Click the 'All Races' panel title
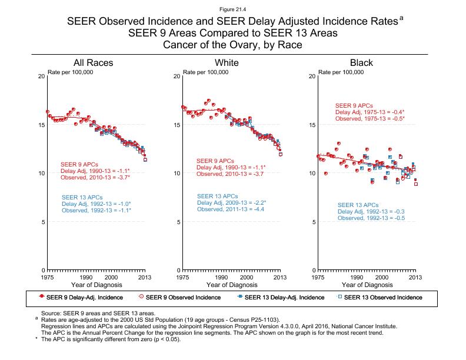coord(93,62)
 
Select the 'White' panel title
coord(227,62)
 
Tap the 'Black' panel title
coord(361,62)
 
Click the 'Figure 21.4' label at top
coord(233,10)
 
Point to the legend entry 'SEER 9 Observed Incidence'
coord(182,298)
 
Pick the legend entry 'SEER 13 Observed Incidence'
coord(382,298)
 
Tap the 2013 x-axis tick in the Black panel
coord(415,276)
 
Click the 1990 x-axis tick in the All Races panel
coord(85,276)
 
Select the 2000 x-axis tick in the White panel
coord(246,276)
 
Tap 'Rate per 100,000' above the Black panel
coord(341,72)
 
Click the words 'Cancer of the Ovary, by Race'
coord(233,45)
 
